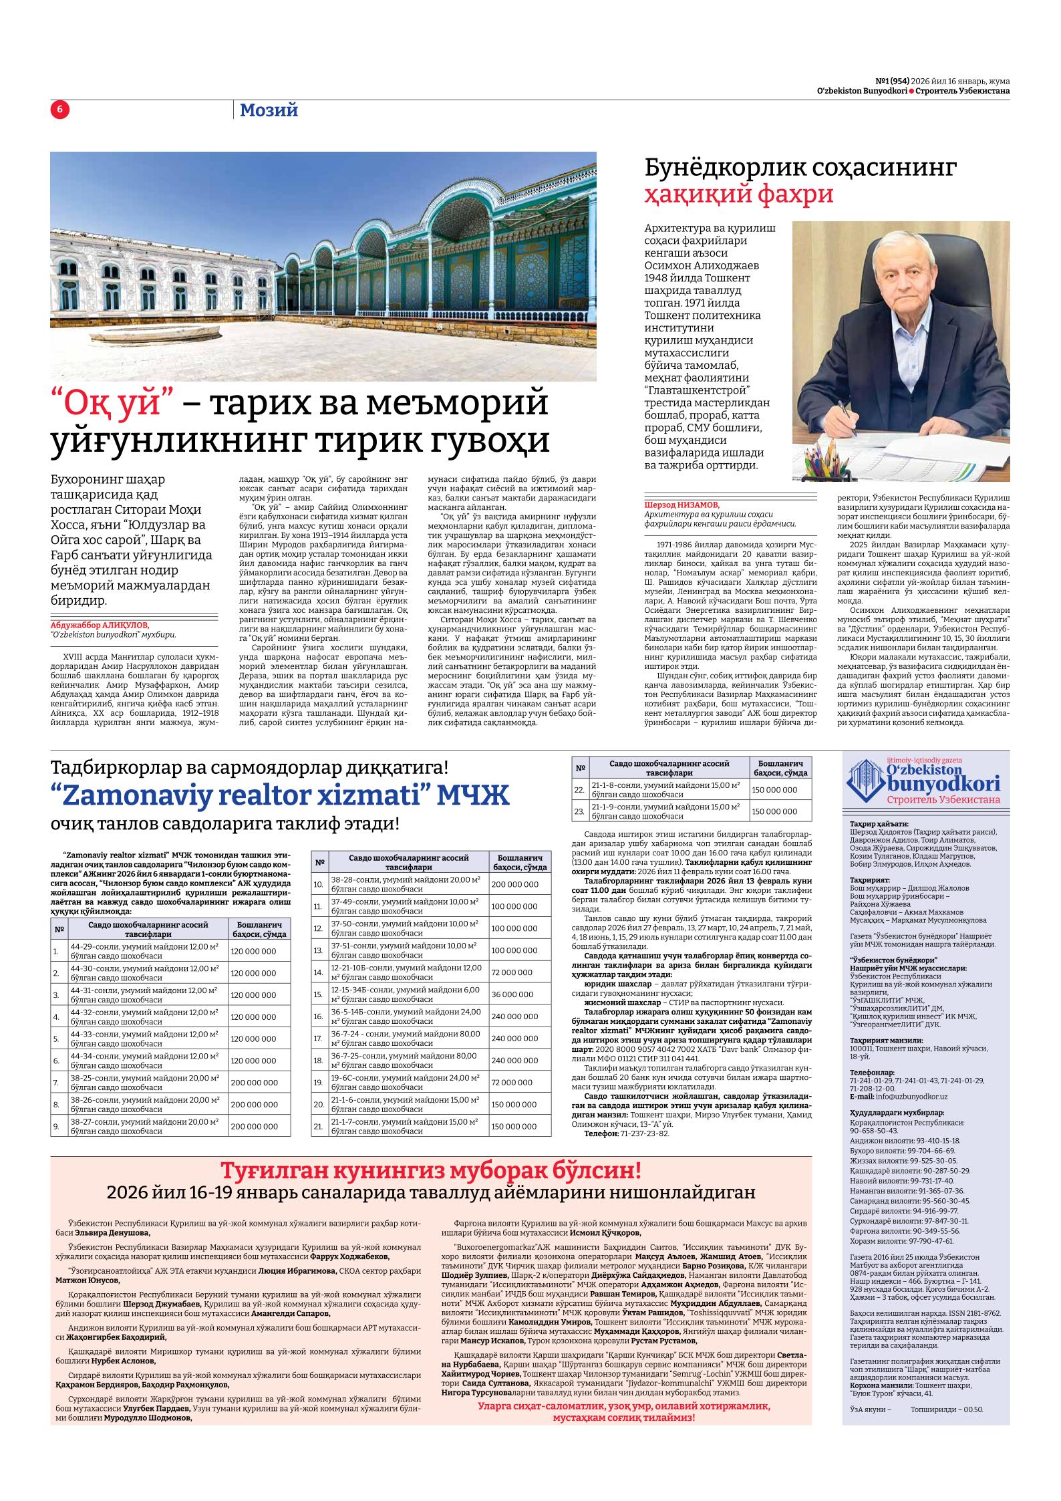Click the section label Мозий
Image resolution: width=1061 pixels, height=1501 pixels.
pos(268,110)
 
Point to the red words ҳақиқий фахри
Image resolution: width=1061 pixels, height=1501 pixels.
pos(739,194)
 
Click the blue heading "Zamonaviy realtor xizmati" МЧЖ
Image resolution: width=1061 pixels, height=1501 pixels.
pos(280,795)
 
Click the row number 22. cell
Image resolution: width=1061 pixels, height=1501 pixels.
pos(579,790)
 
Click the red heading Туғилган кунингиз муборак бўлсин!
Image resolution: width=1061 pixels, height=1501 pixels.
pos(431,1171)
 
